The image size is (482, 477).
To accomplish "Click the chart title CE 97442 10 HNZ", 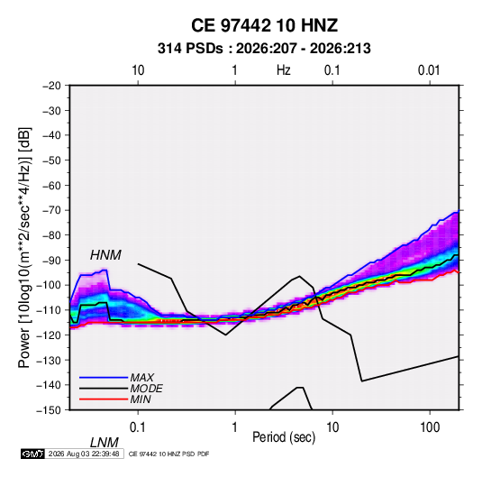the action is [x=264, y=25].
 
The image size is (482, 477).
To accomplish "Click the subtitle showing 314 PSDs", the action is [x=264, y=49].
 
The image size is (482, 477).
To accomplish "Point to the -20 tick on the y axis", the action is [x=51, y=86].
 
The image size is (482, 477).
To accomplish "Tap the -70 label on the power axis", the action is [x=51, y=210].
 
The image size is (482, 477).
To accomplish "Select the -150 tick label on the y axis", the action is [x=49, y=410].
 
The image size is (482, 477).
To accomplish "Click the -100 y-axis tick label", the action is [x=49, y=285].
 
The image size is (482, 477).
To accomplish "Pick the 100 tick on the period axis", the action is [x=430, y=427].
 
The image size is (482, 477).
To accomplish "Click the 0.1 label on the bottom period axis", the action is [x=137, y=427].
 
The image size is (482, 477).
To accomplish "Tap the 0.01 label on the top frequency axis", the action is [x=429, y=70].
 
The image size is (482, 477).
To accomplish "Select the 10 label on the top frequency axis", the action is [x=138, y=70].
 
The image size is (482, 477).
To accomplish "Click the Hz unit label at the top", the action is [x=284, y=70].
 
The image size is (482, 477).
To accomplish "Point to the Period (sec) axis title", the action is [x=284, y=437].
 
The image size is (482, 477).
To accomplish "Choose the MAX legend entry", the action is [x=141, y=378].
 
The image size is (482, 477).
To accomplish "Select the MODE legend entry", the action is [x=146, y=389].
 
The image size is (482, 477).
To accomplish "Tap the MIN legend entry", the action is [x=141, y=399].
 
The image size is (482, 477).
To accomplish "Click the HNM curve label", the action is [x=105, y=255].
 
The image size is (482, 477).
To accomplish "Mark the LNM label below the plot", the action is [x=104, y=443].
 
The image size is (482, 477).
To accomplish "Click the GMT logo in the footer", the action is [x=32, y=454].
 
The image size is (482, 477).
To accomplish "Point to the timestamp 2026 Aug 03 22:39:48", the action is [x=84, y=454].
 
